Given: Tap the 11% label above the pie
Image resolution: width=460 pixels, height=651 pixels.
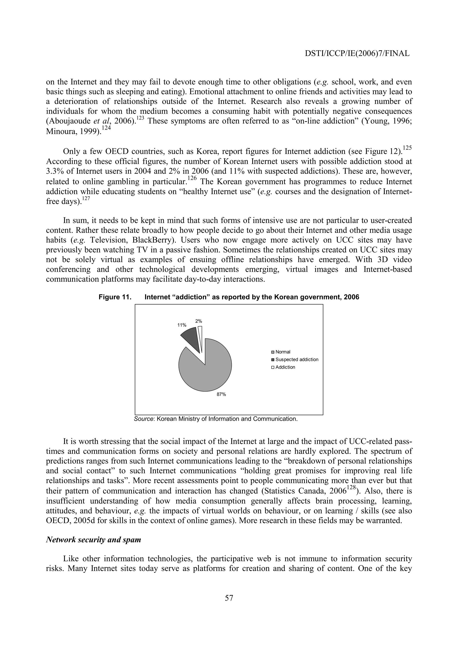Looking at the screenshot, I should [x=182, y=325].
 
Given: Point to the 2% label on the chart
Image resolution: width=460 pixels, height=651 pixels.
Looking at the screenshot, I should [x=199, y=321].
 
